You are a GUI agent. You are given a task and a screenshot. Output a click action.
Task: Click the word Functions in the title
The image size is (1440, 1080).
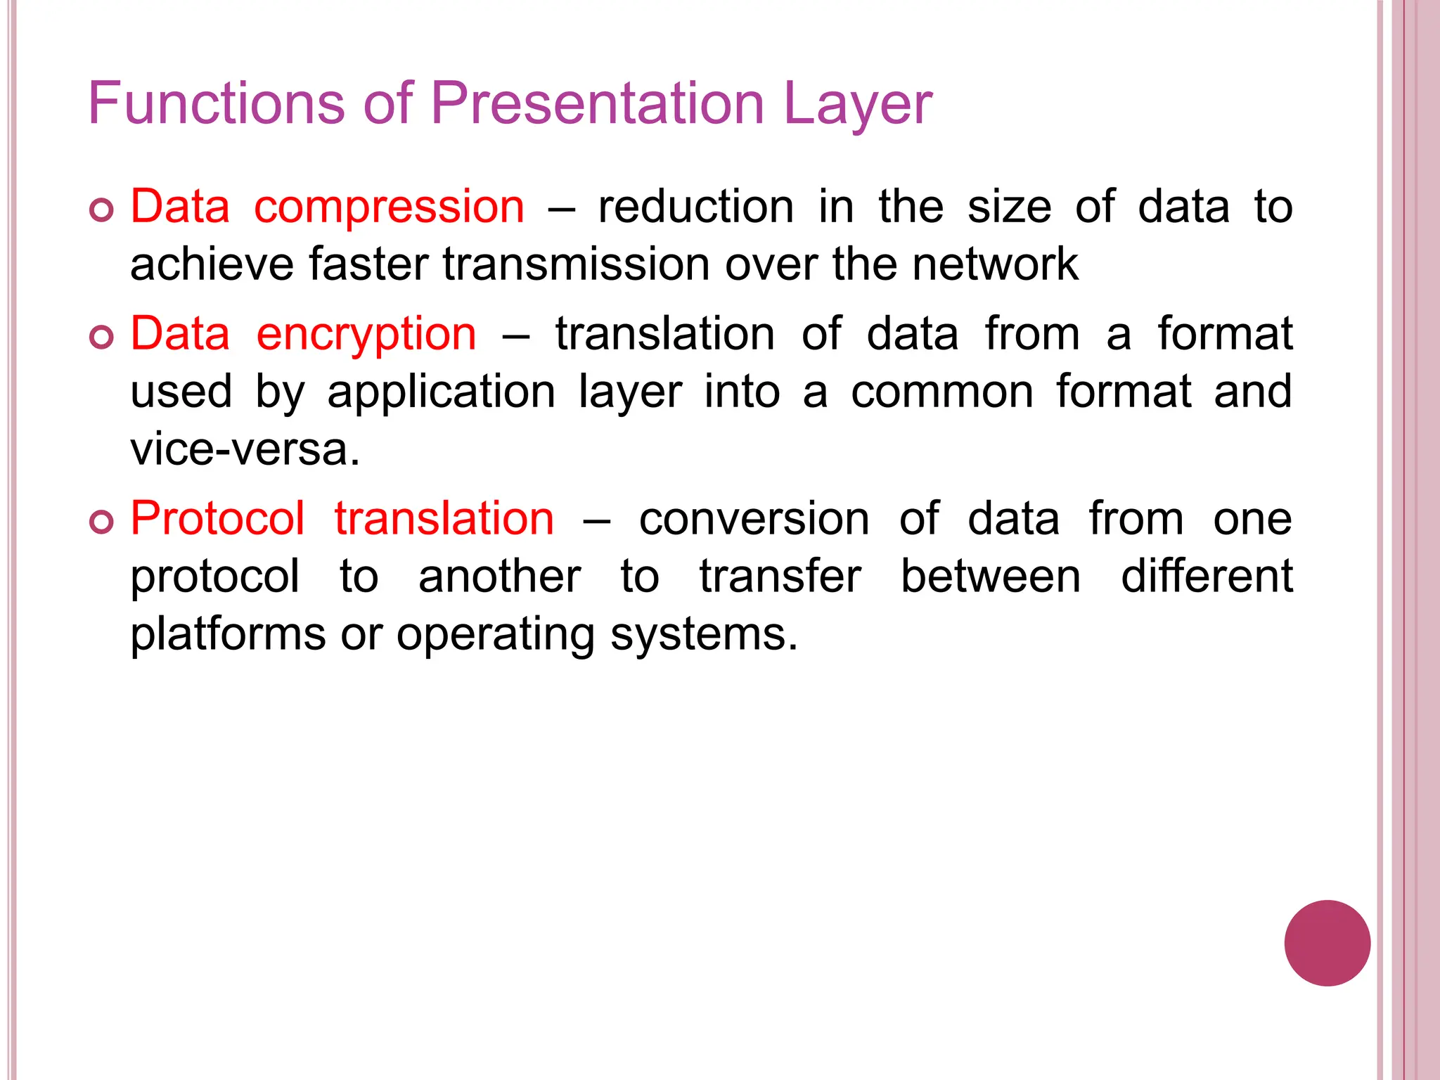pos(216,103)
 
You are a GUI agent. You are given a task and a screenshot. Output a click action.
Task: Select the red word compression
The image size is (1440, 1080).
pos(389,207)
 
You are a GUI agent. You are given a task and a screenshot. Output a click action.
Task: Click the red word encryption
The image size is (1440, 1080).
pos(366,334)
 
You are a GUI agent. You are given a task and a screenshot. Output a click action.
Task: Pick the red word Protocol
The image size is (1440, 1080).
pos(217,518)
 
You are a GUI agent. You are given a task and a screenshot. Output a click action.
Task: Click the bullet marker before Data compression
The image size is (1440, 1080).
pos(102,210)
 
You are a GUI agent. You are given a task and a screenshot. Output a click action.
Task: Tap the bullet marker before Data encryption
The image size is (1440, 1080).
pos(102,337)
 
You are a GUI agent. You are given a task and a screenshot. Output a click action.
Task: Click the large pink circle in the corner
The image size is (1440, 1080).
pos(1327,943)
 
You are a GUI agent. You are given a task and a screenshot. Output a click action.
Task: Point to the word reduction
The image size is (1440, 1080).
pos(696,207)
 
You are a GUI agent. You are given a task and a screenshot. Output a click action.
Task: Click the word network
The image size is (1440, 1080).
pos(995,265)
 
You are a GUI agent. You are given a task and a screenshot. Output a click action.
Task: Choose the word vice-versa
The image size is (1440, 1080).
pos(245,449)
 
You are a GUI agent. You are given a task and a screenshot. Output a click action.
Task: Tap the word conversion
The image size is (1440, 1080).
pos(754,520)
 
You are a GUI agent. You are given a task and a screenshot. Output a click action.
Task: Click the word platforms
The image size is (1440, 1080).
pos(228,634)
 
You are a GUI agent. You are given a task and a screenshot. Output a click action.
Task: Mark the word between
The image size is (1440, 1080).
pos(990,577)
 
